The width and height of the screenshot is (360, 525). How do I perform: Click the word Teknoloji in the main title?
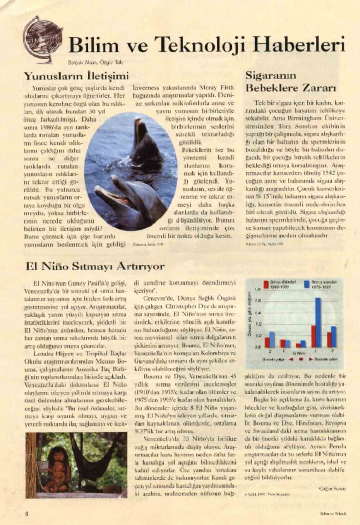coord(205,46)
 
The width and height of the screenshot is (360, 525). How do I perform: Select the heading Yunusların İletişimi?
coord(75,75)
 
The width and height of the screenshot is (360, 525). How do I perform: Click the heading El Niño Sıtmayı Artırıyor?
coord(95,266)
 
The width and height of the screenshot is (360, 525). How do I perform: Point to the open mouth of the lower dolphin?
coord(110,194)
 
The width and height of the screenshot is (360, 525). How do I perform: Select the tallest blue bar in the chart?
coord(318,322)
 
